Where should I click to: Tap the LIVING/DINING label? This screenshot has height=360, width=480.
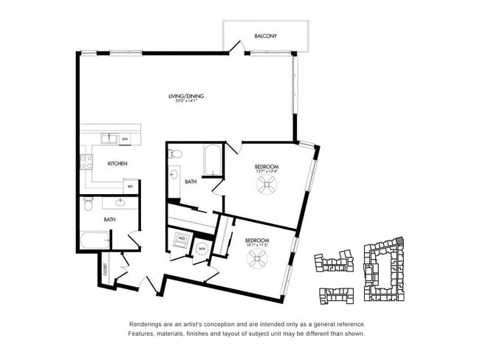[x=185, y=96]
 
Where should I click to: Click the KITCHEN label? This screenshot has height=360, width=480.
[x=118, y=163]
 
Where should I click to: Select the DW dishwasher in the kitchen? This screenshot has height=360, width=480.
[x=125, y=138]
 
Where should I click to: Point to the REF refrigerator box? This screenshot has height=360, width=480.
[x=130, y=185]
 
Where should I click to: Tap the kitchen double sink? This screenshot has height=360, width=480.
[x=109, y=138]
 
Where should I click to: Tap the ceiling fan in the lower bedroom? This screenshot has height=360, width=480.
[x=257, y=258]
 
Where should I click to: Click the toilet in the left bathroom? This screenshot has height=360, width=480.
[x=88, y=201]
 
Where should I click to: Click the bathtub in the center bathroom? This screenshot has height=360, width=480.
[x=212, y=160]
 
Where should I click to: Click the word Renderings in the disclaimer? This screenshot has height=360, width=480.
[x=146, y=324]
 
